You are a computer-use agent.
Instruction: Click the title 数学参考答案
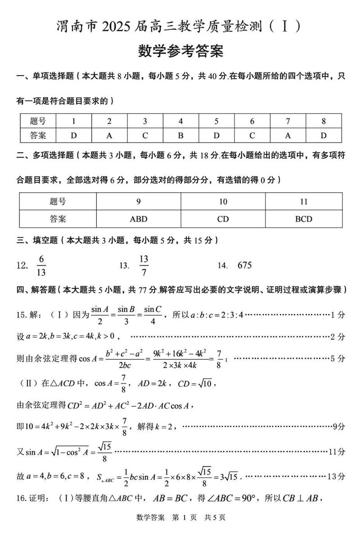coord(180,51)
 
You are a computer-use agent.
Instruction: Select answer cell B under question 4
coord(180,135)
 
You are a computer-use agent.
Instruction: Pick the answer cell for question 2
coord(109,135)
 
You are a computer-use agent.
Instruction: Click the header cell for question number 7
coord(288,121)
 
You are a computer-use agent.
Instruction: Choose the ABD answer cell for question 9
coord(138,219)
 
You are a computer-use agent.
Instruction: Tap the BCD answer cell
coord(304,219)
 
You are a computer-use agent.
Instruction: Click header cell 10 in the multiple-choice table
coord(223,202)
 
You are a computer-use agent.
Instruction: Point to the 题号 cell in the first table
coord(38,121)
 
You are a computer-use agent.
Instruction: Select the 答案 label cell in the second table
coord(58,219)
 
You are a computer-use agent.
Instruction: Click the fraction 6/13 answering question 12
coord(42,265)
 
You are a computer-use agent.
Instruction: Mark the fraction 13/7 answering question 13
coord(144,265)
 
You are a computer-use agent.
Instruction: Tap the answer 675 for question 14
coord(244,265)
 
